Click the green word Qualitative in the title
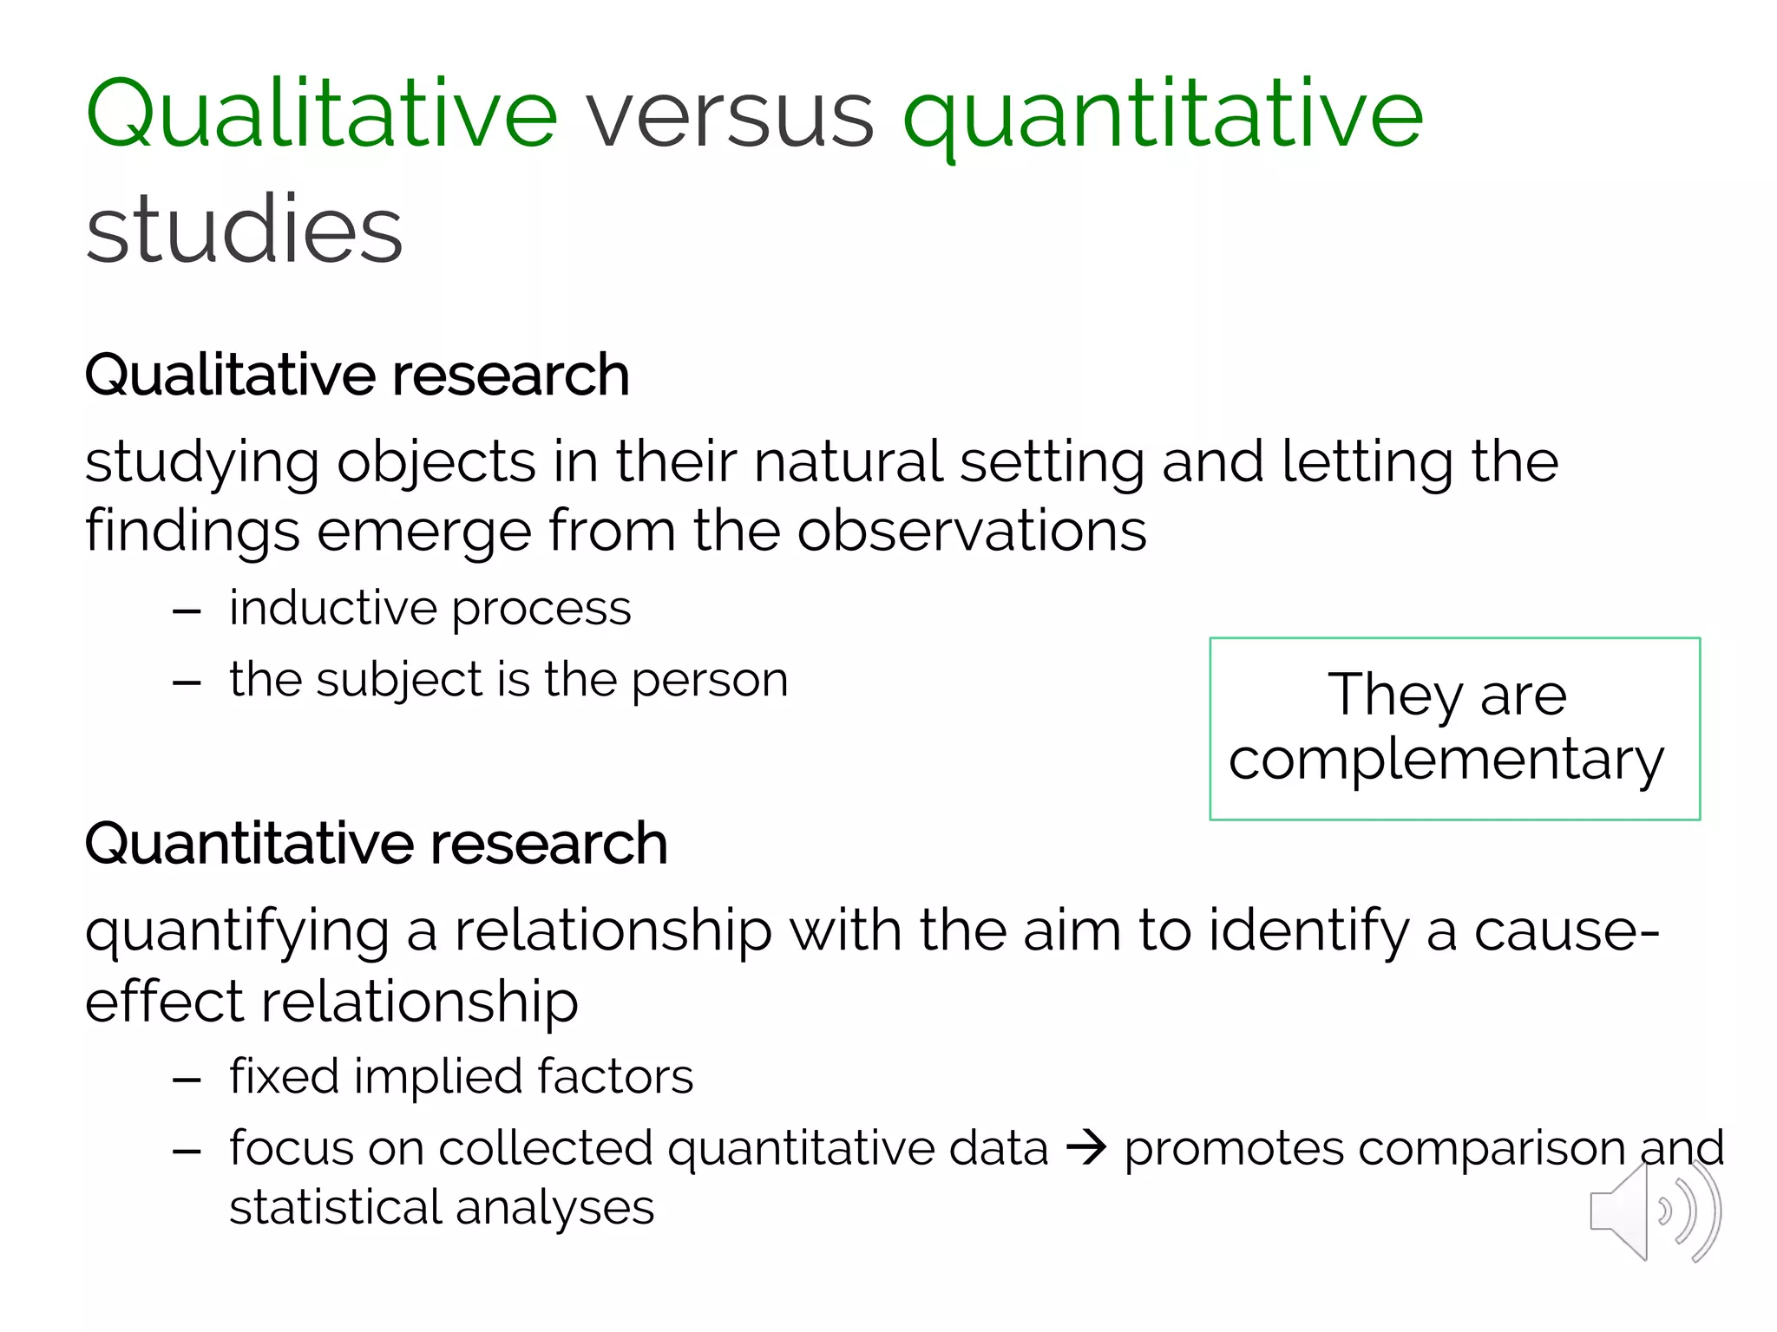[x=321, y=114]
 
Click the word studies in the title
[x=245, y=230]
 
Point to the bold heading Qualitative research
[x=357, y=375]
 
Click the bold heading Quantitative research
[x=376, y=844]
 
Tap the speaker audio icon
[x=1655, y=1211]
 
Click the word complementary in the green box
[x=1446, y=760]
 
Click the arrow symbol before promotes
[x=1086, y=1148]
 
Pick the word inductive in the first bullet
[x=334, y=608]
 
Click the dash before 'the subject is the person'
[x=187, y=683]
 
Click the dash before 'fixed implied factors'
[x=187, y=1081]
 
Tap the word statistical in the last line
[x=334, y=1207]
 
